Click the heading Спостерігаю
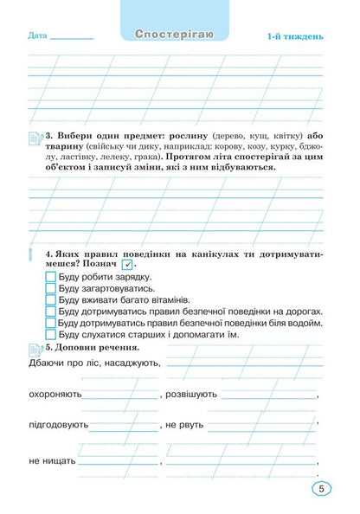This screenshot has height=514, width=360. pyautogui.click(x=181, y=35)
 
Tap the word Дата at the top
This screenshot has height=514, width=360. pyautogui.click(x=37, y=36)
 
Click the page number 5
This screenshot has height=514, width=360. pyautogui.click(x=321, y=490)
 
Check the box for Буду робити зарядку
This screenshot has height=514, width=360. pyautogui.click(x=50, y=277)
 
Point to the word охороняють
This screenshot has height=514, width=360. pyautogui.click(x=55, y=394)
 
